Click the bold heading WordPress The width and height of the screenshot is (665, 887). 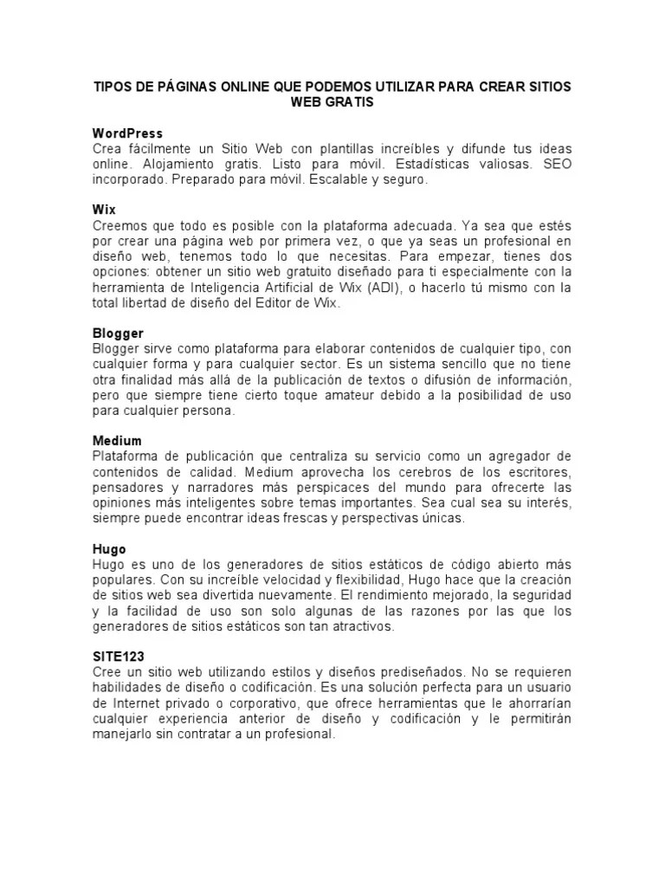pyautogui.click(x=127, y=133)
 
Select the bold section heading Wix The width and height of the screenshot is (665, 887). pyautogui.click(x=104, y=210)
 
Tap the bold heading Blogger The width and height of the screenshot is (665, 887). pyautogui.click(x=118, y=333)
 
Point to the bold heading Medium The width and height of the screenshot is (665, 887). pyautogui.click(x=117, y=441)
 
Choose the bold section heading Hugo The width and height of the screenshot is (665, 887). pyautogui.click(x=109, y=549)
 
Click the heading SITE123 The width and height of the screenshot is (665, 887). pyautogui.click(x=119, y=657)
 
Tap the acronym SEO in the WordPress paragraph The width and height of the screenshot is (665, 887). pyautogui.click(x=557, y=165)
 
